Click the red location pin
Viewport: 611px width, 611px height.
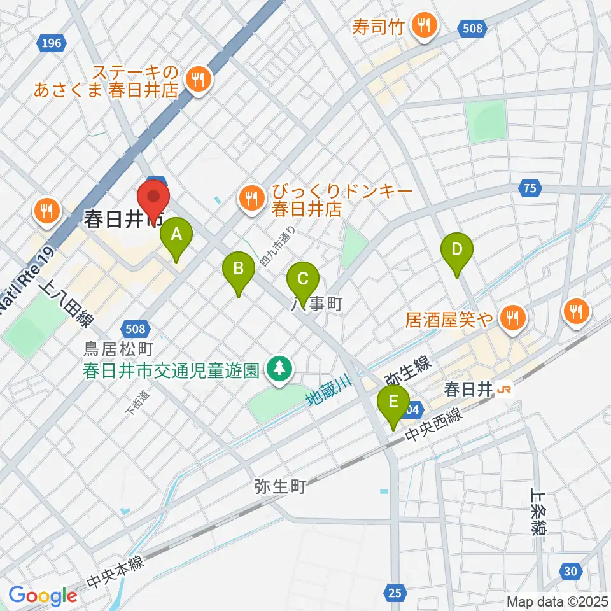click(153, 200)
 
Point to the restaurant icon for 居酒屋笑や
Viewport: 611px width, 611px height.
click(512, 316)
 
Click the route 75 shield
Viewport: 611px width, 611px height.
click(530, 188)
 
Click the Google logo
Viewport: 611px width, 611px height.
click(43, 596)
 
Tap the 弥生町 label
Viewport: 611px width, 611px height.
click(280, 488)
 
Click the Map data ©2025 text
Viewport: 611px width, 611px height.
click(556, 601)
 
